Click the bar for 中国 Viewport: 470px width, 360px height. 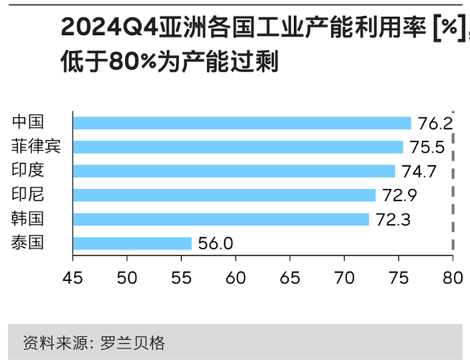242,123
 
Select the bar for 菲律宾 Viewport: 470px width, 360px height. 238,147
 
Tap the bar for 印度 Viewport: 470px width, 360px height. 234,171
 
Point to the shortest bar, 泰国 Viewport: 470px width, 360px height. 132,243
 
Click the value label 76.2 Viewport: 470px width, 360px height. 434,124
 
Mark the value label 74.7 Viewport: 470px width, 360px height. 418,171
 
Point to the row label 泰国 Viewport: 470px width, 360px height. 28,242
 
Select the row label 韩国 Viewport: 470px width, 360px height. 28,219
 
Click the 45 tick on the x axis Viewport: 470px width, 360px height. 73,276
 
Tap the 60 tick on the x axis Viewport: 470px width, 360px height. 236,276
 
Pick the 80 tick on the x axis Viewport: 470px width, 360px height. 453,276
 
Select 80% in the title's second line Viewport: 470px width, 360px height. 120,62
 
